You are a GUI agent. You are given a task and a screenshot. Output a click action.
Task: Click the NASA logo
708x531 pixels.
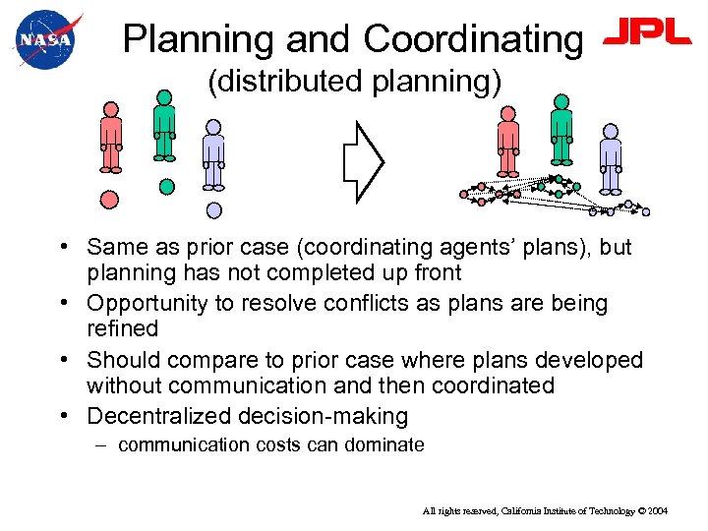pos(44,39)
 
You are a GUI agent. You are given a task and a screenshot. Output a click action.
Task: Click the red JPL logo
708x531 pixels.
pos(647,34)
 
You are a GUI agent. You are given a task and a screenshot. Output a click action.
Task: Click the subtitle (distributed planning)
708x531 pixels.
pos(354,82)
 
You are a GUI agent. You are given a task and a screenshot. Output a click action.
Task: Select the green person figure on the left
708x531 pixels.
pos(164,126)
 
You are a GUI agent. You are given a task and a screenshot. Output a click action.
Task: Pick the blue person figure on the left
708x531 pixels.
pos(213,154)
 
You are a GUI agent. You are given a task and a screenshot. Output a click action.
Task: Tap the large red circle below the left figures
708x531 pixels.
pos(110,199)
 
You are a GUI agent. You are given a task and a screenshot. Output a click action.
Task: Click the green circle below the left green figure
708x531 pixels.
pos(167,185)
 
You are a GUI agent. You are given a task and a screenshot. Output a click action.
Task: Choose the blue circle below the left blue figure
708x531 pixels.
pos(214,209)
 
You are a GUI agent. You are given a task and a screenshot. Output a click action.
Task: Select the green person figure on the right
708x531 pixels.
pos(561,130)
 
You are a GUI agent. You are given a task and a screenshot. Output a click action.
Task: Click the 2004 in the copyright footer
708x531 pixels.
pos(657,511)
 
